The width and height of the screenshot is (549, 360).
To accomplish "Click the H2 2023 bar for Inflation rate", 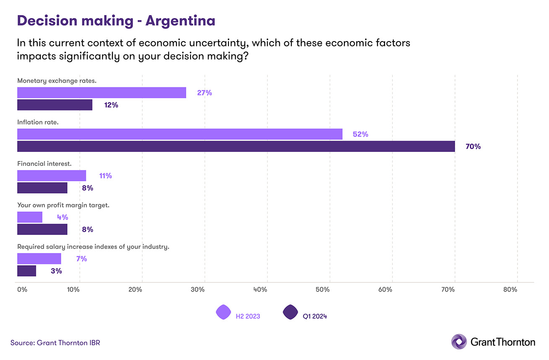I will pos(180,134).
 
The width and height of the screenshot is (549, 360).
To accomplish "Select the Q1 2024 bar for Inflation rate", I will pos(236,146).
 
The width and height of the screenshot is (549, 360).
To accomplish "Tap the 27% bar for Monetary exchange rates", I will pos(101,93).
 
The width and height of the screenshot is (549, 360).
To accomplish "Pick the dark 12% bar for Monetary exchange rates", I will pos(55,105).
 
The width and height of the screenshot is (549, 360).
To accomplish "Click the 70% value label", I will pos(473,147).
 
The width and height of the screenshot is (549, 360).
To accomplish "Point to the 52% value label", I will pos(360,135).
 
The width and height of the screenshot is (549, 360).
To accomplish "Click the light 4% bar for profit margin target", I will pos(30,217).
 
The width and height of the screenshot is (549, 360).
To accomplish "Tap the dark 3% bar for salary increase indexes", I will pos(26,271).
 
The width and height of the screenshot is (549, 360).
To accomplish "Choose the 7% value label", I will pos(81,259).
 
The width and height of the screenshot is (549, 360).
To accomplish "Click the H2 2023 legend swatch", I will pos(223,312).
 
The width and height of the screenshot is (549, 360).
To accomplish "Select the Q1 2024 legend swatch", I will pos(290,312).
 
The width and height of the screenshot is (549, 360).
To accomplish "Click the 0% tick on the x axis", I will pos(22,290).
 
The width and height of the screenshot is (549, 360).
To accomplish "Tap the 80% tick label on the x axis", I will pos(510,290).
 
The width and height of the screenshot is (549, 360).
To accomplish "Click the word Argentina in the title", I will pos(180,21).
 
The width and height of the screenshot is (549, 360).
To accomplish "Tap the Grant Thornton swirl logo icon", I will pos(458,342).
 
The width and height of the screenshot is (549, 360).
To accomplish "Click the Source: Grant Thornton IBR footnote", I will pos(55,343).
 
